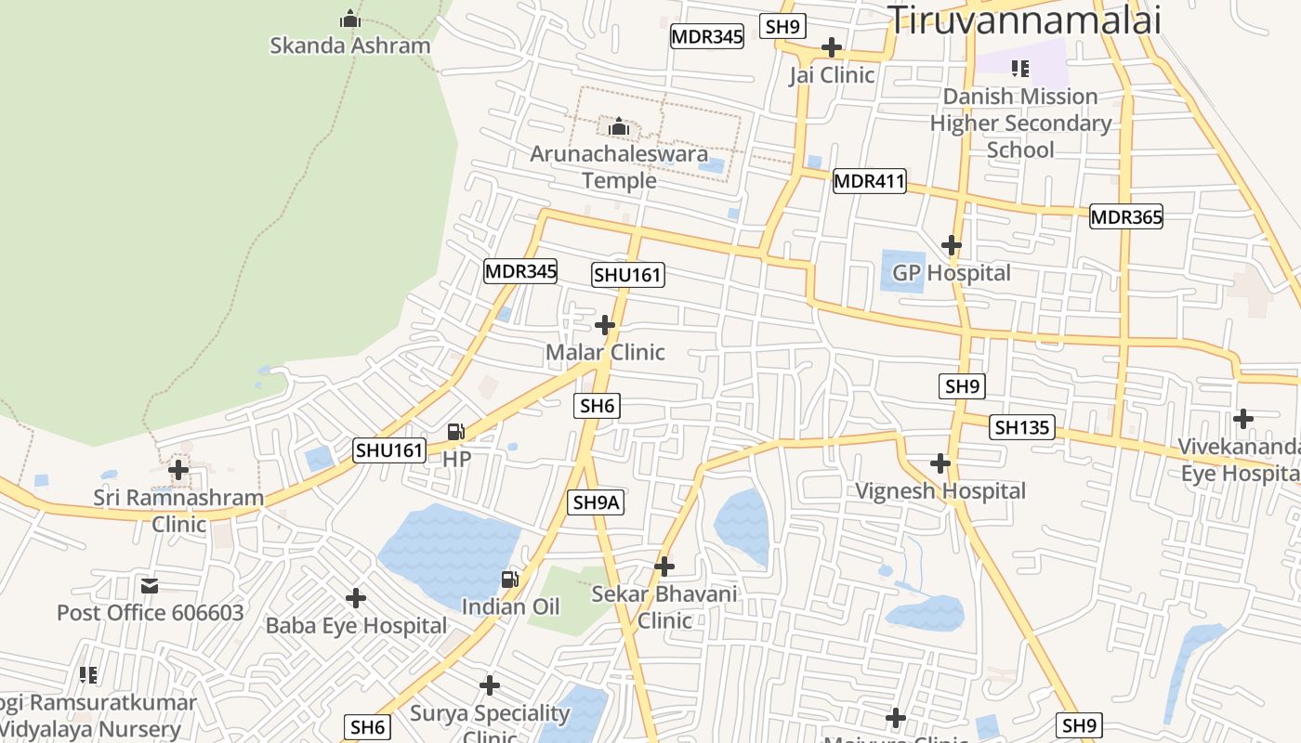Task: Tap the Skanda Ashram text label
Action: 350,46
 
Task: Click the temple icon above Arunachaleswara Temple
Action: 618,126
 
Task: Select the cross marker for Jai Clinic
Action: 832,46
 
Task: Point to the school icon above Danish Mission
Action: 1020,69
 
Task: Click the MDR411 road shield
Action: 869,181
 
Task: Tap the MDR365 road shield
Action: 1126,217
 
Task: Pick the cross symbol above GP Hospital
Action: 951,245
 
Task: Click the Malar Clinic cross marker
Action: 605,325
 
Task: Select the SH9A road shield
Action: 596,502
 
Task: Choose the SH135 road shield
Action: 1022,427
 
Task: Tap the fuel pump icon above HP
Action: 456,431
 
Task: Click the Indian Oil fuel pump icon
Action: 510,580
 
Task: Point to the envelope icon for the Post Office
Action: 150,586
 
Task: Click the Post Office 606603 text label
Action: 151,613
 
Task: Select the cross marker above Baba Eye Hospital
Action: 356,598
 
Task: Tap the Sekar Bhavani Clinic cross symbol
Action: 664,566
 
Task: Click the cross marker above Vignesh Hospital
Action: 940,463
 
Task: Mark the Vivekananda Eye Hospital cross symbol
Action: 1243,419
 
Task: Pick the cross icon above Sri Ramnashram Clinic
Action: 178,470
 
